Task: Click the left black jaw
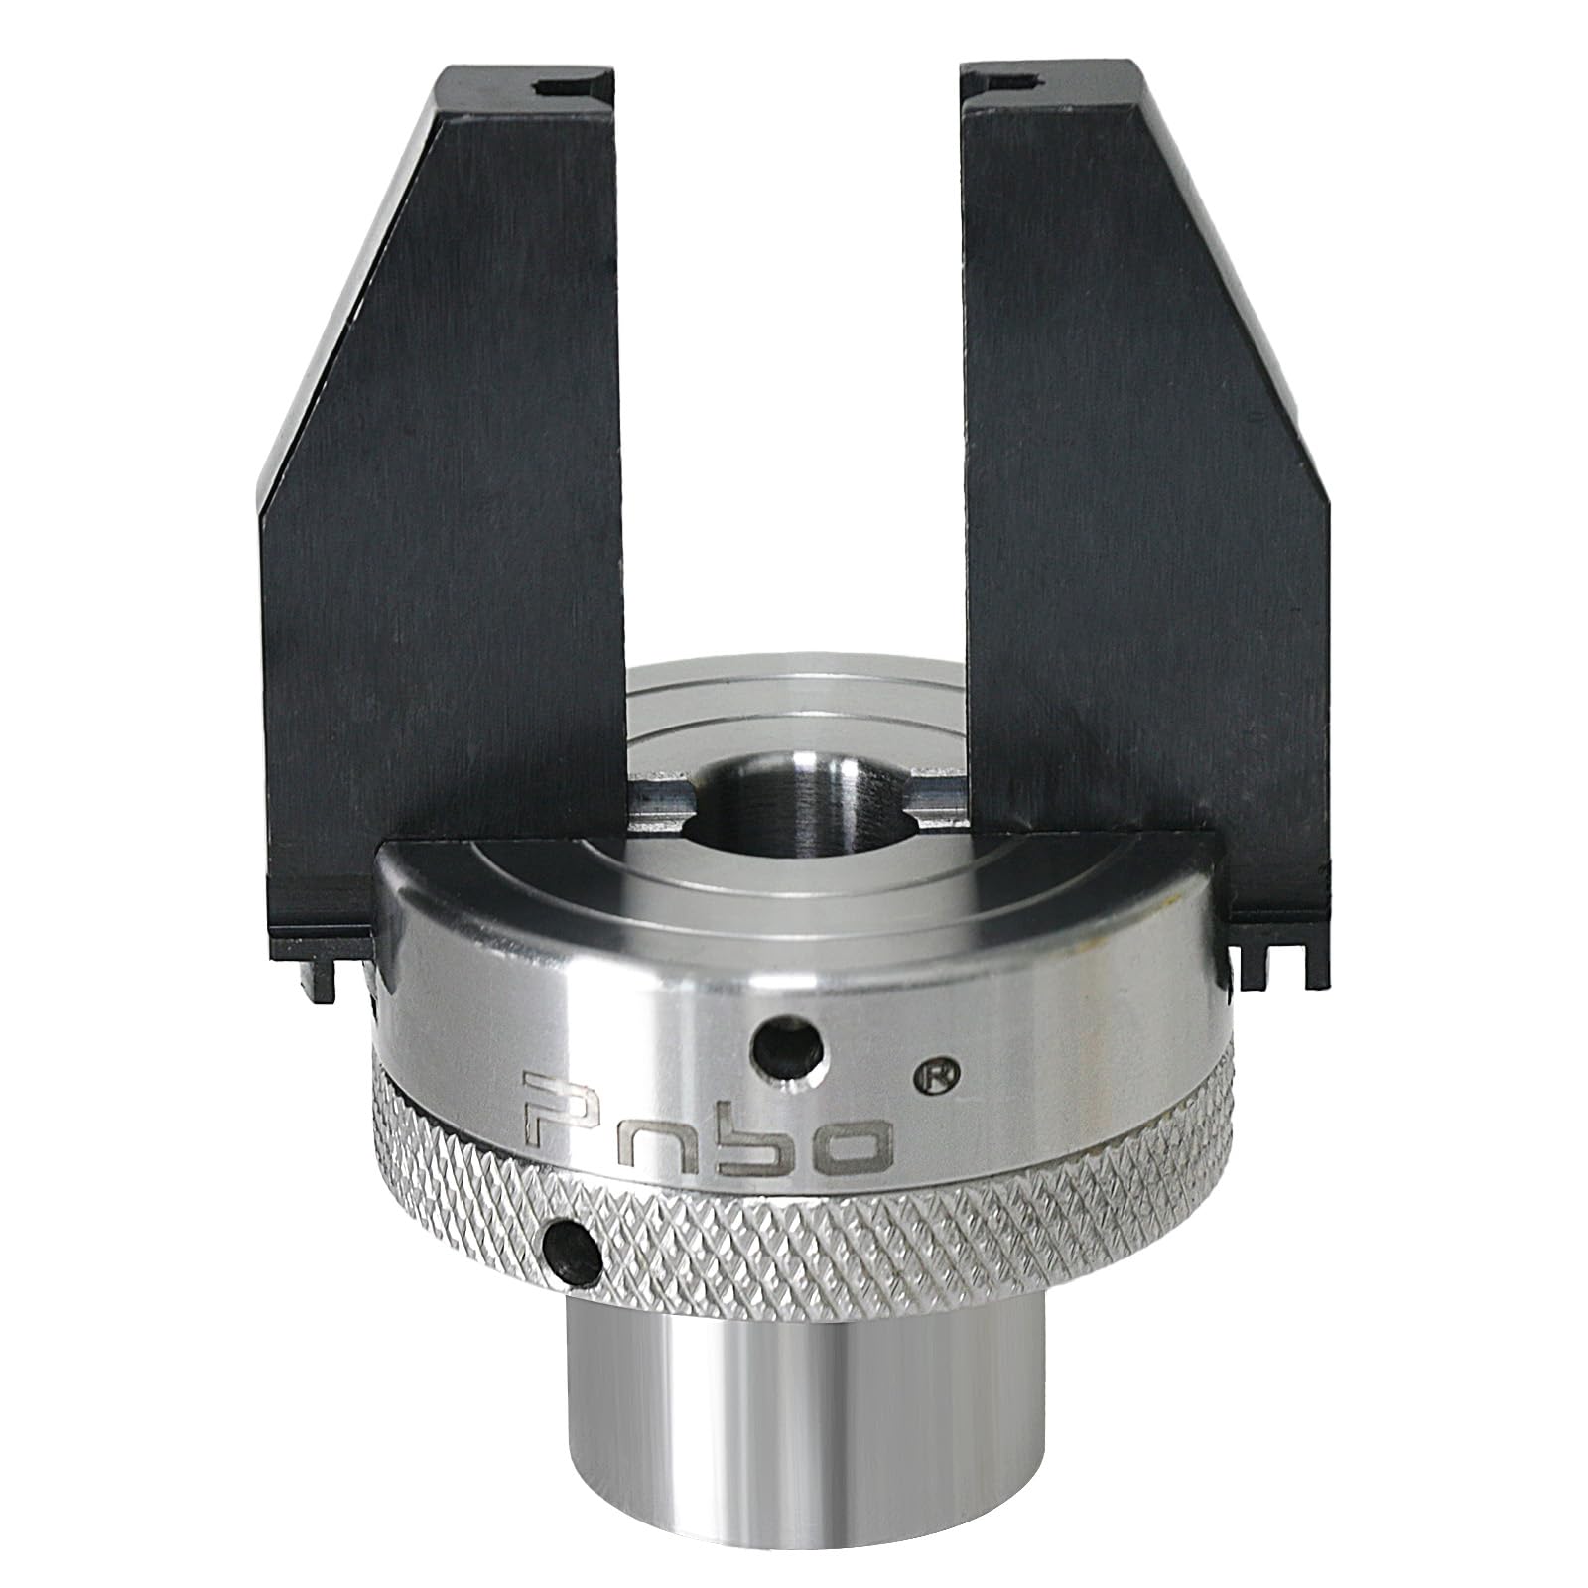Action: [x=447, y=496]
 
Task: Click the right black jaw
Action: [x=1141, y=496]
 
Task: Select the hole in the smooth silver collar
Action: [x=788, y=1043]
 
